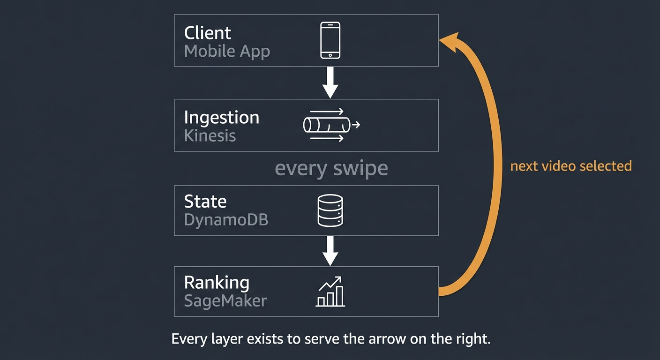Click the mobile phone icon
pos(330,41)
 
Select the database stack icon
pos(330,211)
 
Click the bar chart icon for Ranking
pos(330,292)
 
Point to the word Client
pos(208,33)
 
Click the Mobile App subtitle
pos(227,51)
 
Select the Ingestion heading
pos(221,117)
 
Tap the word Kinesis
pos(210,136)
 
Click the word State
pos(205,202)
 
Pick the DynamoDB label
pos(226,220)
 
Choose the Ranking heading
pos(217,282)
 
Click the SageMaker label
pos(225,300)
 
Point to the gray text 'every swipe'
pos(331,168)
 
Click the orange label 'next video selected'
pos(571,165)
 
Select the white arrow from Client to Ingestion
pos(330,82)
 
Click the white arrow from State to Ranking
pos(330,251)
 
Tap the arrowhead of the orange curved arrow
pos(449,40)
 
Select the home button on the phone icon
pos(330,55)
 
